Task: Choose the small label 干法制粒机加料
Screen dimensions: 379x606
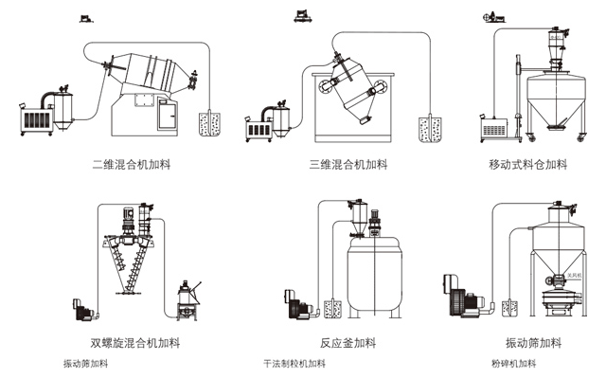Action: click(294, 364)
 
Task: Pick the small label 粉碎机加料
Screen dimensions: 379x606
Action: click(512, 364)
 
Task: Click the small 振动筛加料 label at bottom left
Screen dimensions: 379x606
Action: click(86, 364)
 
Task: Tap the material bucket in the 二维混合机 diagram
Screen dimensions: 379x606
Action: click(207, 124)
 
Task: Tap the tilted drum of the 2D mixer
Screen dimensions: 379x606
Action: click(148, 70)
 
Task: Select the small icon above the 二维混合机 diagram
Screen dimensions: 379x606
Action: click(87, 17)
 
